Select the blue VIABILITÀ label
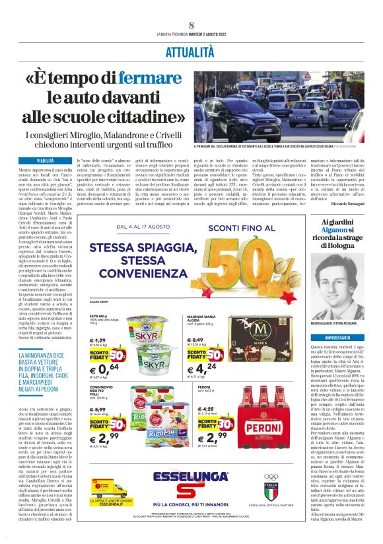coord(45,161)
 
